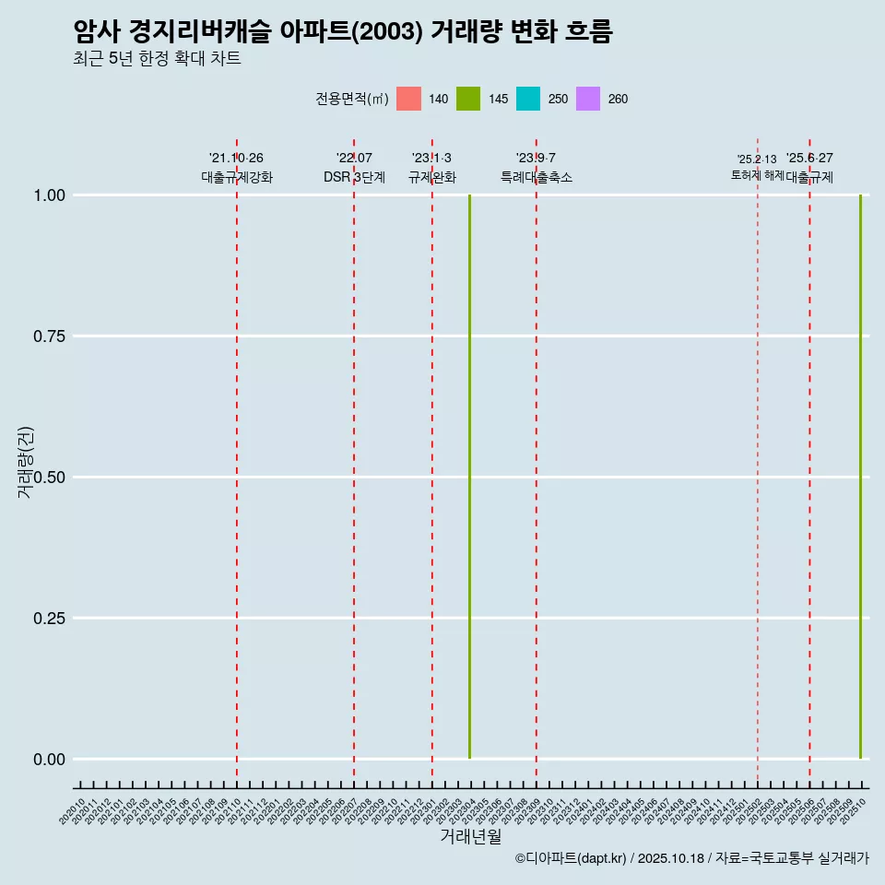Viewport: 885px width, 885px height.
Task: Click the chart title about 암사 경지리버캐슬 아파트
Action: tap(343, 31)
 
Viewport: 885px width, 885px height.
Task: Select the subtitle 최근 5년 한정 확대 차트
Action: tap(157, 59)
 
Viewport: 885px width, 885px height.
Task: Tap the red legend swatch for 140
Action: tap(408, 99)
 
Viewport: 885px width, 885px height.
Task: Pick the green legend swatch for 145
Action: tap(468, 99)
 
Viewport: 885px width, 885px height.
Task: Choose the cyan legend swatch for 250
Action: tap(528, 99)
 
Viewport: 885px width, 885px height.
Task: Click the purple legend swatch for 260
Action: tap(588, 99)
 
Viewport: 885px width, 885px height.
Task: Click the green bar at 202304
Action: tap(470, 477)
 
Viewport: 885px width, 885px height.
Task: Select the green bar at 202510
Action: tap(861, 477)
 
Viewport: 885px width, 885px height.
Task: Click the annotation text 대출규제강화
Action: tap(237, 177)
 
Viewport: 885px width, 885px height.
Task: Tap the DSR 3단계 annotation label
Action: tap(354, 177)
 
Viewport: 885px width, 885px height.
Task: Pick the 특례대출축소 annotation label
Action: tap(537, 177)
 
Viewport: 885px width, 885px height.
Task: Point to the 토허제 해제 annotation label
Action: tap(757, 174)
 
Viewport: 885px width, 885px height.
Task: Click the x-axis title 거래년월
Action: tap(471, 836)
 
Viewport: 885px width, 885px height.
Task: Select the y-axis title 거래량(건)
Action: tap(25, 462)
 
